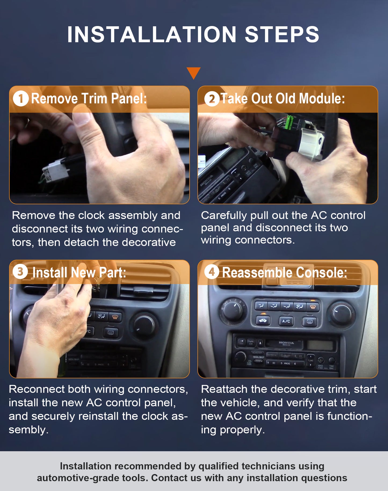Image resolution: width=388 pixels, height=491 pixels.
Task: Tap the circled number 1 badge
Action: click(x=21, y=99)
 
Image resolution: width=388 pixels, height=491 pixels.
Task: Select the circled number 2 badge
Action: click(x=212, y=99)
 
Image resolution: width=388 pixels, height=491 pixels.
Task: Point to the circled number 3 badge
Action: click(x=20, y=272)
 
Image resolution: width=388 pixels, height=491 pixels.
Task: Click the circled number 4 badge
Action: click(x=212, y=272)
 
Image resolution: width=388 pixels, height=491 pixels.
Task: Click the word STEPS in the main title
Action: click(x=282, y=35)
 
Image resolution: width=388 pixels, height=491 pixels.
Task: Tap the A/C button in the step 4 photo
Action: click(x=286, y=321)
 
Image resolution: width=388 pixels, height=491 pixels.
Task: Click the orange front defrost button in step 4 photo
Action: click(x=313, y=306)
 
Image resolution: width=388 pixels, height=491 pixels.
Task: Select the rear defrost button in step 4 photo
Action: click(x=310, y=322)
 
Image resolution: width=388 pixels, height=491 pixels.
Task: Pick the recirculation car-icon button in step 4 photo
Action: click(x=263, y=321)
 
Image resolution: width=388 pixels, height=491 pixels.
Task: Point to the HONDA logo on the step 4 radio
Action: click(x=287, y=343)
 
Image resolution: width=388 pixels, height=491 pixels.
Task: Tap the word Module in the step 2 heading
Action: click(x=322, y=99)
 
